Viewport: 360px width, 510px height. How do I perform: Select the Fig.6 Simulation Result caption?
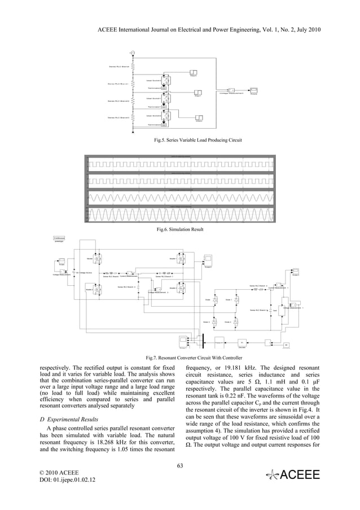180,229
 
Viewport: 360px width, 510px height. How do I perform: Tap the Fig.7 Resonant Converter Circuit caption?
180,358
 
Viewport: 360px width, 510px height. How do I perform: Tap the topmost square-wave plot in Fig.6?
180,165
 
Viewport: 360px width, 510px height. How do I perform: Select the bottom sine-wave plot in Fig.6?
180,216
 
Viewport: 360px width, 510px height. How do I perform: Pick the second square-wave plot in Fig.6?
180,182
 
